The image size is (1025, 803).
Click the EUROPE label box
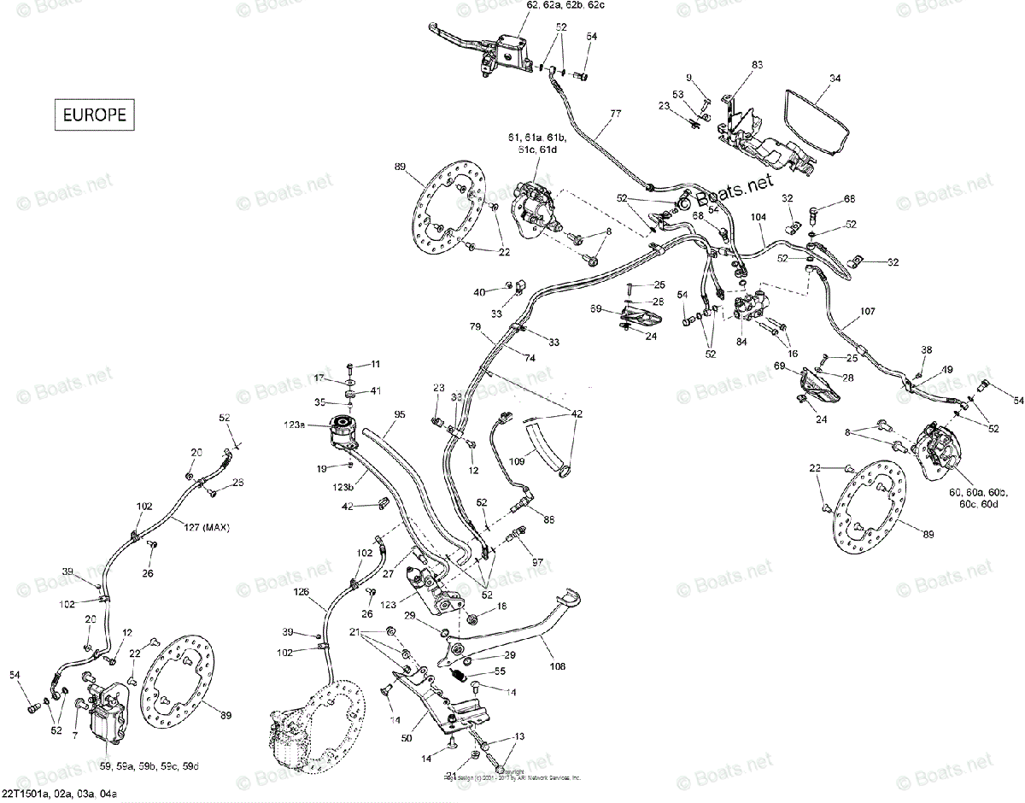[95, 114]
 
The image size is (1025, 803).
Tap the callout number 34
[835, 78]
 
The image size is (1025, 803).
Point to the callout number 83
[757, 65]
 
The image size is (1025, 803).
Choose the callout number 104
[758, 219]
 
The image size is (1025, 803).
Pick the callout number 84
[741, 342]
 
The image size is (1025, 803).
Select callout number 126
[302, 592]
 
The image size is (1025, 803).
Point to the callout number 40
[481, 292]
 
